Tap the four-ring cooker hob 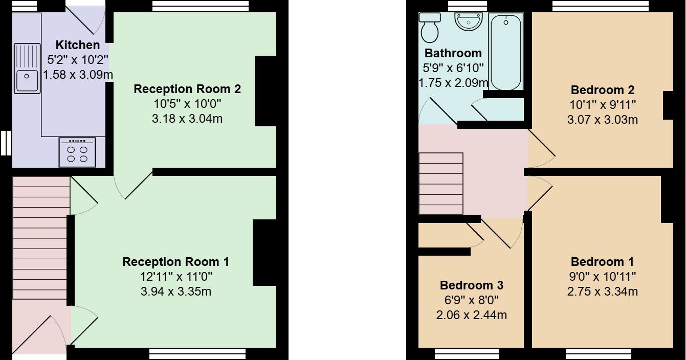tap(77, 152)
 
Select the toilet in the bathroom tap(429, 28)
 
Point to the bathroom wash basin tap(469, 22)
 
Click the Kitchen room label tap(78, 45)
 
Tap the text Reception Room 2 tap(187, 89)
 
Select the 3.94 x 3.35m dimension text tap(175, 292)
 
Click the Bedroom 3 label tap(472, 285)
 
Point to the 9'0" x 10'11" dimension tap(602, 277)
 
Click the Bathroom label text tap(453, 53)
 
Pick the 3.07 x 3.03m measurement tap(602, 120)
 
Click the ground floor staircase tap(41, 238)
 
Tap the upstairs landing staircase tap(441, 185)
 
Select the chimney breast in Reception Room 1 tap(264, 252)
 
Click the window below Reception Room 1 tap(197, 353)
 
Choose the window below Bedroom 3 tap(467, 353)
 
